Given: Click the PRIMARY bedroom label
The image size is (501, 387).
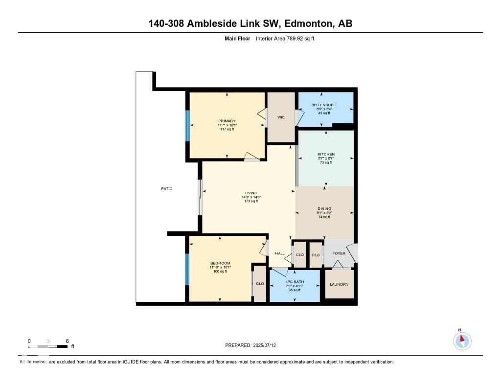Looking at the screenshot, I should (x=227, y=121).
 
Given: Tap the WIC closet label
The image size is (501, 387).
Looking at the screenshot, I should (x=281, y=117).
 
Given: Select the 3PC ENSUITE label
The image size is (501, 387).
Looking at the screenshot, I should (x=324, y=105).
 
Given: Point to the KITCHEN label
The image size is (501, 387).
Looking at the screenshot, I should (x=325, y=154).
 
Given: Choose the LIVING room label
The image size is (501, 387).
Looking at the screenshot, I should (x=251, y=193).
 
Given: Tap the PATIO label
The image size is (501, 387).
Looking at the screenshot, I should (x=166, y=188).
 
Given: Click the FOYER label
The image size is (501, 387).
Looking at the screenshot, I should (x=339, y=253).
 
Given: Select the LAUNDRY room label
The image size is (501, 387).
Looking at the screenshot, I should (x=339, y=284).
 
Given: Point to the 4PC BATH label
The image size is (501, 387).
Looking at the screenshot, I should (x=295, y=282).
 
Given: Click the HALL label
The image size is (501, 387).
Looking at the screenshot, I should (x=280, y=253).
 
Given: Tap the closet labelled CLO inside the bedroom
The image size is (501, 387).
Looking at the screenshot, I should (x=260, y=284).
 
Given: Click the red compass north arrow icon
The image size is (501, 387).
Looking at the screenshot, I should (x=462, y=339).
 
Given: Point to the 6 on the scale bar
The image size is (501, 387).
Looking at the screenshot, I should (x=67, y=341).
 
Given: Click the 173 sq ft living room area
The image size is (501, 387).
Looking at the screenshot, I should (x=251, y=202).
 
